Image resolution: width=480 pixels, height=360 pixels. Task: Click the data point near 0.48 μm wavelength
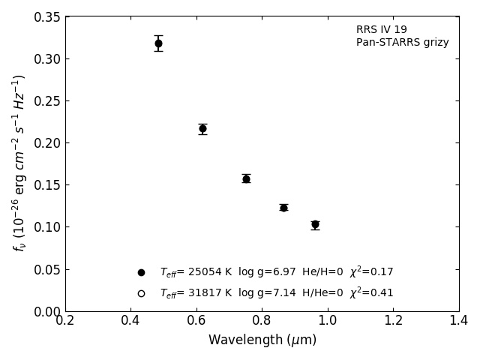(158, 43)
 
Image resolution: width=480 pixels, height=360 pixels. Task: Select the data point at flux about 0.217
(202, 129)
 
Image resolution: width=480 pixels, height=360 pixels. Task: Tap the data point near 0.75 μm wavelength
(246, 178)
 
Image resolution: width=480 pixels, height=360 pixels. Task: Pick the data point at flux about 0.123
(283, 208)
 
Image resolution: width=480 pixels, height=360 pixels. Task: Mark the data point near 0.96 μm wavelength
(315, 224)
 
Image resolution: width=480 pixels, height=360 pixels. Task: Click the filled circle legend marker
(141, 272)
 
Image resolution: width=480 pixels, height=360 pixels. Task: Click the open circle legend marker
(141, 293)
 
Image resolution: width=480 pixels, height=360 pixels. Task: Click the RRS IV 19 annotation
(382, 30)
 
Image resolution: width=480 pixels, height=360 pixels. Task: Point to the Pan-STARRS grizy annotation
(403, 43)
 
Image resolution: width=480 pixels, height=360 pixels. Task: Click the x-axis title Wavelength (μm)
(262, 340)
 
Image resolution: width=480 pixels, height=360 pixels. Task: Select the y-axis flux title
(19, 163)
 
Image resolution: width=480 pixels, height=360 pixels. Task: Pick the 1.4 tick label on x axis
(459, 321)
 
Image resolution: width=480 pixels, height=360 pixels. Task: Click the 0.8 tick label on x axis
(262, 321)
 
